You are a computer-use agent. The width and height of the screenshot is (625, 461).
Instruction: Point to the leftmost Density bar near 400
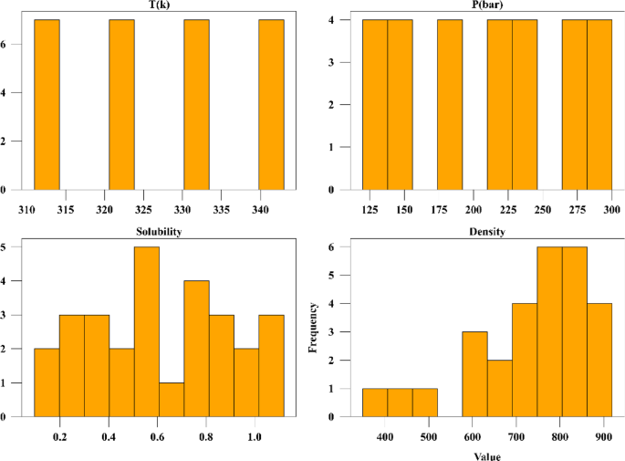click(374, 403)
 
